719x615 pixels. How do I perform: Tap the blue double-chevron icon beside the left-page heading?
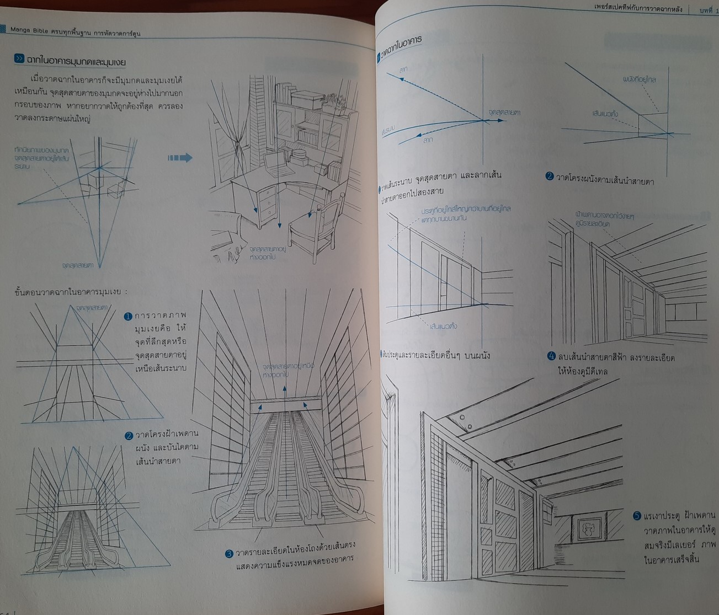point(20,59)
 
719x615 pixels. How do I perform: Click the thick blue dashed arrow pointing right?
point(180,158)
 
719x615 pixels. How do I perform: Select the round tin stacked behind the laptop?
point(300,152)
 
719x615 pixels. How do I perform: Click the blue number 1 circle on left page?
point(127,317)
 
